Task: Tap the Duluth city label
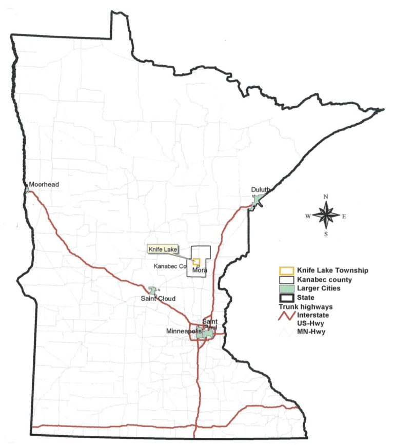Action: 260,190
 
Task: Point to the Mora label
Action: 200,270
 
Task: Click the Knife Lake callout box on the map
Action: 163,249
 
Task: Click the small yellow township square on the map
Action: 196,261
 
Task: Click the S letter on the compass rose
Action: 326,234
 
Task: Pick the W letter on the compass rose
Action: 308,216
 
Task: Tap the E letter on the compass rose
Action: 344,216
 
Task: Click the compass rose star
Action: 326,216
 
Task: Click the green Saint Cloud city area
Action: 152,291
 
